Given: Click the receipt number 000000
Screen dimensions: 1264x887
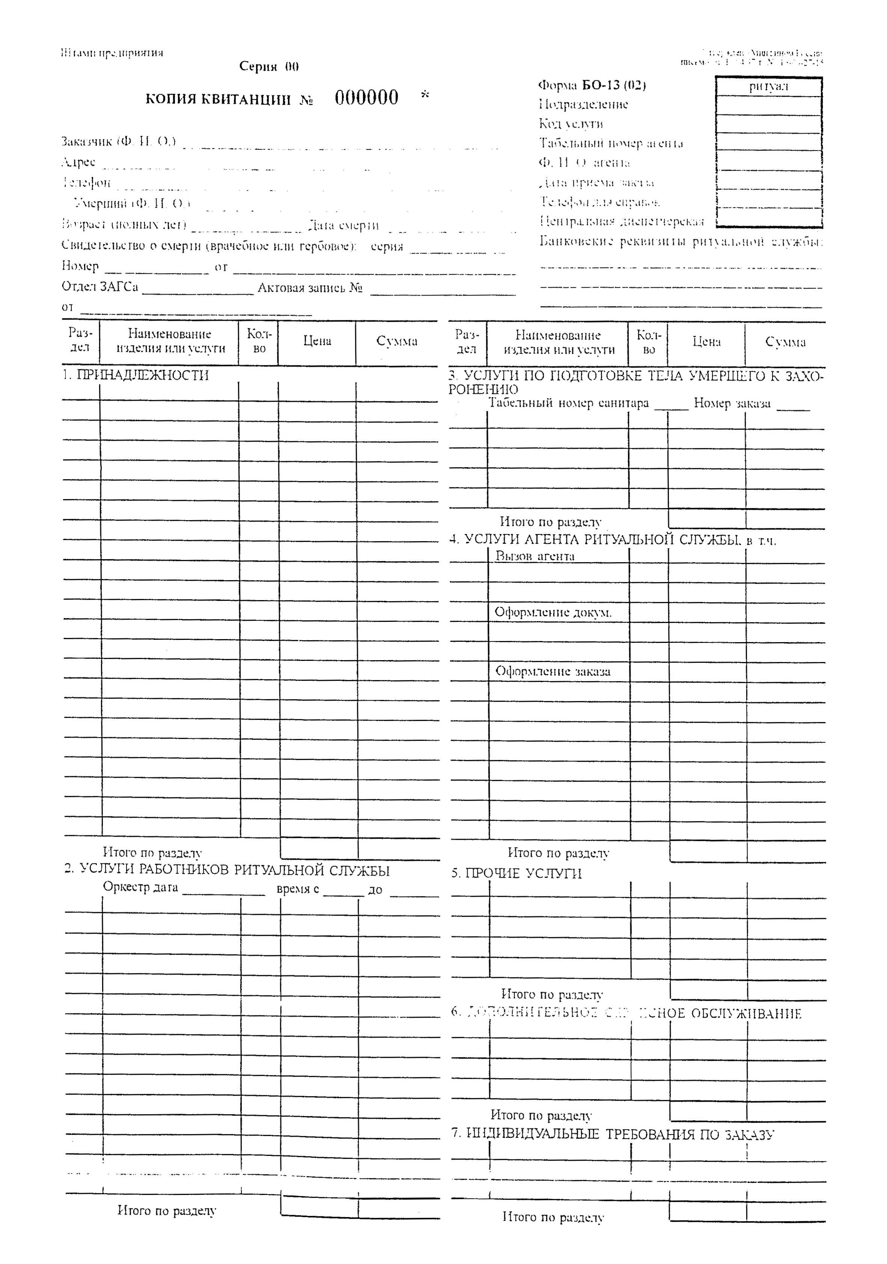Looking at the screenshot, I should (x=366, y=98).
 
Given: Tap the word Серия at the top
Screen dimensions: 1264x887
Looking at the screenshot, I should (x=258, y=66).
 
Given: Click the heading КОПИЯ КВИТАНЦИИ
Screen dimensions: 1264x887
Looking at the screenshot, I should (x=218, y=100).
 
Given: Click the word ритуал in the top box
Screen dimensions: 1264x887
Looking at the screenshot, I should (x=769, y=86).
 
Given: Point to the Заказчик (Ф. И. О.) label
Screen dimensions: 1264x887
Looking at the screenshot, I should (x=118, y=142).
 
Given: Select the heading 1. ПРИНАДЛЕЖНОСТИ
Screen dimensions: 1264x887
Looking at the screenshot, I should (x=136, y=376).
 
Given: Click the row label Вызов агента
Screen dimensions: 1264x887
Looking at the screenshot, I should (x=535, y=556).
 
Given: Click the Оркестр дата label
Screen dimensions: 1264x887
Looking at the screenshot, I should (x=140, y=887).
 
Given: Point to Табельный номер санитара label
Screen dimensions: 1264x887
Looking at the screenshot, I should (x=569, y=403).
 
